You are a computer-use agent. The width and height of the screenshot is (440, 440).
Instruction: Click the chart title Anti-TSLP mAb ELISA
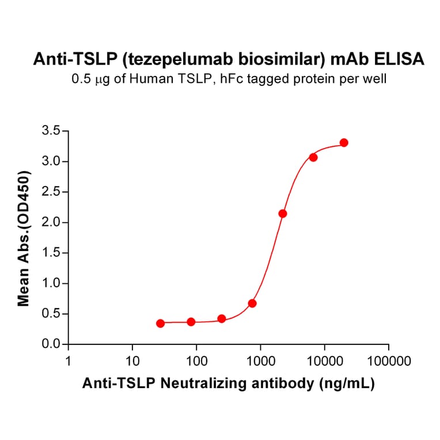pyautogui.click(x=229, y=59)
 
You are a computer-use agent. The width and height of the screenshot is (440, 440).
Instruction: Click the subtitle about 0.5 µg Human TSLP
pyautogui.click(x=229, y=79)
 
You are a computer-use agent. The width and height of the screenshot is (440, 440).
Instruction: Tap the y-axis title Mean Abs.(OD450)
pyautogui.click(x=24, y=238)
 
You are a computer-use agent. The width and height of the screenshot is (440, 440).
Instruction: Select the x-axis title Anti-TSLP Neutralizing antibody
pyautogui.click(x=229, y=384)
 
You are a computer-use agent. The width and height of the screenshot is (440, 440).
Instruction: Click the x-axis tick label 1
pyautogui.click(x=69, y=362)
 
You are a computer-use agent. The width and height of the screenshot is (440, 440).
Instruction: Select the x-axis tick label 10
pyautogui.click(x=132, y=362)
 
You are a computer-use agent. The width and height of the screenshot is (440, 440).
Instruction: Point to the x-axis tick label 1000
pyautogui.click(x=260, y=362)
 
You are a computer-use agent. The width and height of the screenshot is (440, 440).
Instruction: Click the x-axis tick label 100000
pyautogui.click(x=388, y=362)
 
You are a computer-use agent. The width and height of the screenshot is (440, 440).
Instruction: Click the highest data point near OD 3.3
pyautogui.click(x=344, y=143)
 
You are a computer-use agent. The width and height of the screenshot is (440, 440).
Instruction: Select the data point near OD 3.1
pyautogui.click(x=313, y=157)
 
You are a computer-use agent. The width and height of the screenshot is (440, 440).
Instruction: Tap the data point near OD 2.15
pyautogui.click(x=283, y=214)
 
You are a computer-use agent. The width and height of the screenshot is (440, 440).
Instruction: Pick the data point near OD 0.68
pyautogui.click(x=252, y=304)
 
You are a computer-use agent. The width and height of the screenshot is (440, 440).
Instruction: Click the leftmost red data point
pyautogui.click(x=160, y=324)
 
